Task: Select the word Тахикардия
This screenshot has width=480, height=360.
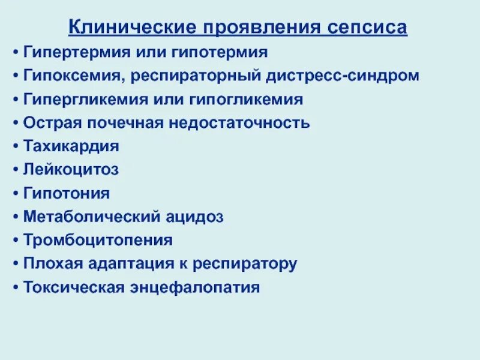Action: tap(71, 146)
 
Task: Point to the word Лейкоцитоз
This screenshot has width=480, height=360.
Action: tap(71, 170)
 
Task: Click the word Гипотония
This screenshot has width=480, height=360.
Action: tap(67, 193)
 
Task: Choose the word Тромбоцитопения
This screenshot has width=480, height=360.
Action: tap(98, 240)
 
